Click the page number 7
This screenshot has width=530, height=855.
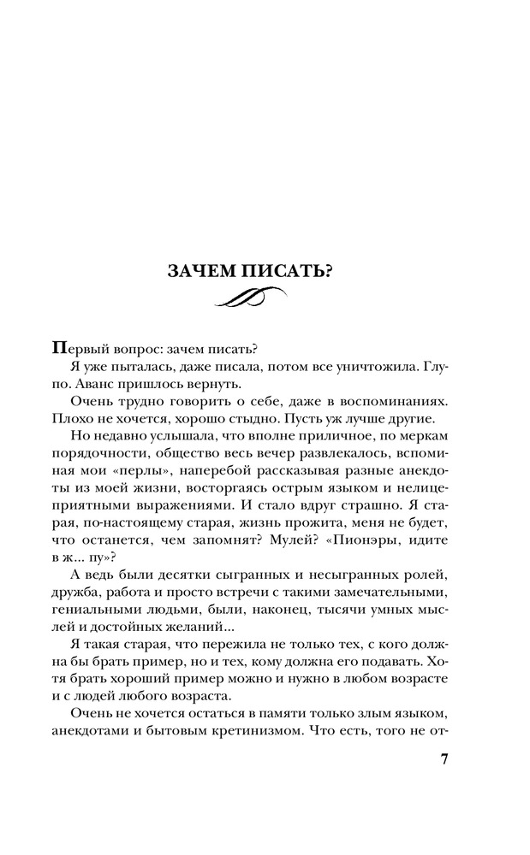[444, 761]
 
